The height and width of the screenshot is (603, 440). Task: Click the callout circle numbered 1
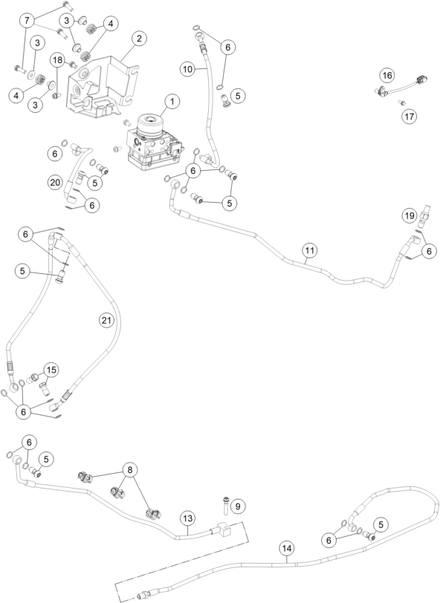[172, 102]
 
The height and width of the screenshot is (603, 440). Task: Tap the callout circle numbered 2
[139, 39]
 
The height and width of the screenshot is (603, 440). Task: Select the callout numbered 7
[27, 20]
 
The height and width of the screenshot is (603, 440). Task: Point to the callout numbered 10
[187, 69]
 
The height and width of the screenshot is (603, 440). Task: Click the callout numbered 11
[309, 251]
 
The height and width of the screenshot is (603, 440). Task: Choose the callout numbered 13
[187, 518]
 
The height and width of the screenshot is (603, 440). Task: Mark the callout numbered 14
[287, 548]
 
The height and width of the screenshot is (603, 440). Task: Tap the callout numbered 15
[51, 370]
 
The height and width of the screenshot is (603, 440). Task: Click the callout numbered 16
[387, 75]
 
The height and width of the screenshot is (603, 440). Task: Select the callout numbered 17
[410, 116]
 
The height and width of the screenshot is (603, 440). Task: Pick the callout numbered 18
[57, 60]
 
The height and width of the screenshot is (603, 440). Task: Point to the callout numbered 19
[410, 215]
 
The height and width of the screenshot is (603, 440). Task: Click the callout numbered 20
[55, 182]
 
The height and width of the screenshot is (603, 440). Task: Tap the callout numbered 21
[106, 320]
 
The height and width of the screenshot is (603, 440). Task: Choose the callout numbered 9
[238, 506]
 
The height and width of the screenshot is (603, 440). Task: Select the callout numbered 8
[130, 469]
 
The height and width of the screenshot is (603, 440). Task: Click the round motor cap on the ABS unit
[148, 123]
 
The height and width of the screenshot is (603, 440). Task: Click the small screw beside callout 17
[401, 102]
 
